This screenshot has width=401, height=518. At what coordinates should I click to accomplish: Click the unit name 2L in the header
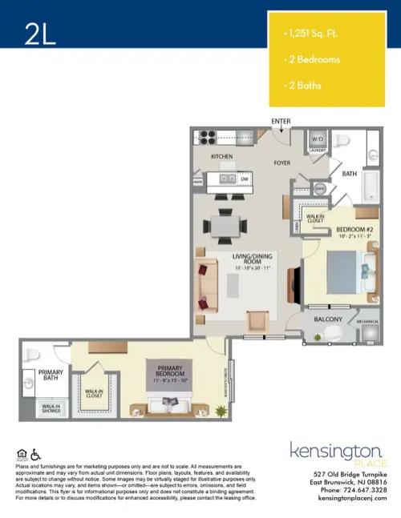(x=40, y=34)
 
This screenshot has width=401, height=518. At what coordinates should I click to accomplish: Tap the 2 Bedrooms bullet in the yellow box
(x=312, y=59)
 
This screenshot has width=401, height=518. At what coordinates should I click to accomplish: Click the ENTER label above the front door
(x=280, y=122)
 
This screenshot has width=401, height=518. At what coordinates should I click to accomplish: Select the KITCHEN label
(x=221, y=157)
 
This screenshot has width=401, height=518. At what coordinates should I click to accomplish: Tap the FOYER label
(x=282, y=162)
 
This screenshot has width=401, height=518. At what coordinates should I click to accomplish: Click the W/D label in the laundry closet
(x=318, y=139)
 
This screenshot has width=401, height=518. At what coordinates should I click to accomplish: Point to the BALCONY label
(x=328, y=320)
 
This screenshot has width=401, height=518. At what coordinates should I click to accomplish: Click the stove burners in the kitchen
(x=206, y=136)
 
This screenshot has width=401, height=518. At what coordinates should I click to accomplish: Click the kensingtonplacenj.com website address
(x=339, y=499)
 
